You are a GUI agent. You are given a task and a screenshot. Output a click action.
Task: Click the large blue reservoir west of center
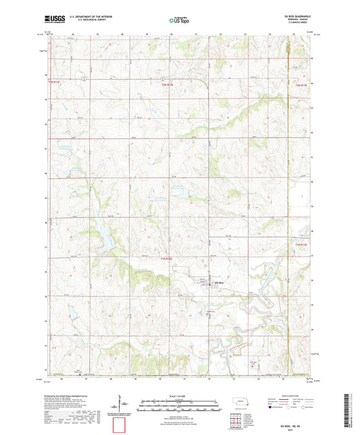(105, 236)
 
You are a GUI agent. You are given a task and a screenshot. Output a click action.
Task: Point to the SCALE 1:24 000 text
(179, 395)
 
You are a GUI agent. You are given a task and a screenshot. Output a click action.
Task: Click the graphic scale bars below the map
(179, 403)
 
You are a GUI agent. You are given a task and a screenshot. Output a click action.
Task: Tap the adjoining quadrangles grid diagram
(241, 422)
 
